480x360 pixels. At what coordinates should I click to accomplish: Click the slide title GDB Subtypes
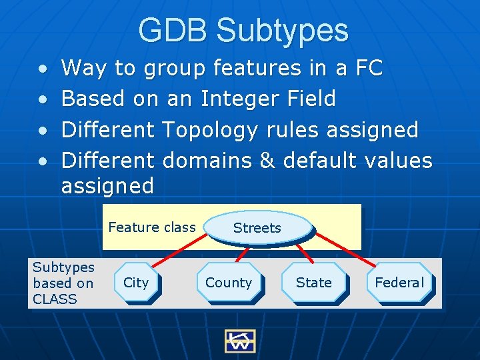pos(243,31)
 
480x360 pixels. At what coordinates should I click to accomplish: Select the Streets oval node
pos(257,228)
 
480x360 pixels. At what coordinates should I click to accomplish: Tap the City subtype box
pos(137,283)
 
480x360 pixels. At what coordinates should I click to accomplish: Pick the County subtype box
pos(229,283)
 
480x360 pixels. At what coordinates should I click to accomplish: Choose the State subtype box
pos(314,283)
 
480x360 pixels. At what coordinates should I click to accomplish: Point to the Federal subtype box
pos(399,283)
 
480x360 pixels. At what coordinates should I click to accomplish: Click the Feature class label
pos(152,227)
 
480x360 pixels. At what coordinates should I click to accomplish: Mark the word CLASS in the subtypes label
pos(55,299)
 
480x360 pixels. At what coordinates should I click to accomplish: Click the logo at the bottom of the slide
pos(239,340)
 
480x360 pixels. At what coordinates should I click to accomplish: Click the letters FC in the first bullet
pos(368,68)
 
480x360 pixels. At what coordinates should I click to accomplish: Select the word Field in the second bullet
pos(313,99)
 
